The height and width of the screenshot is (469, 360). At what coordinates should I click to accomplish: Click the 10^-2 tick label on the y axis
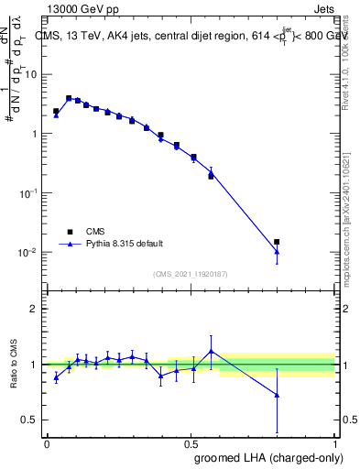(x=30, y=252)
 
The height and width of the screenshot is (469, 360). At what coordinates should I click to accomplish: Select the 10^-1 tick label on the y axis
(x=30, y=193)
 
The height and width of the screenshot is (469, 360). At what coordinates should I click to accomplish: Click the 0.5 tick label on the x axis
(x=191, y=443)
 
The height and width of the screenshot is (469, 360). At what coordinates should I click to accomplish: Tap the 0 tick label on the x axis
(x=47, y=443)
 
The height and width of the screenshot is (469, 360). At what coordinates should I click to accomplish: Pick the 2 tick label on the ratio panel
(x=34, y=309)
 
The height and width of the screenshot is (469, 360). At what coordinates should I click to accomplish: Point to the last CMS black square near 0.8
(x=277, y=242)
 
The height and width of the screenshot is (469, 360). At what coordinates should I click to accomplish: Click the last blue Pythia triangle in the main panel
(x=277, y=252)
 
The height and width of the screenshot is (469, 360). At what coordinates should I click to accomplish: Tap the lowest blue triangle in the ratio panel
(x=277, y=396)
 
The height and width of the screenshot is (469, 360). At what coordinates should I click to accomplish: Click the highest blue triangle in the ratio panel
(x=212, y=351)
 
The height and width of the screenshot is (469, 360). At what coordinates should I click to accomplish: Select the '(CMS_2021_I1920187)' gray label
(x=191, y=273)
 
